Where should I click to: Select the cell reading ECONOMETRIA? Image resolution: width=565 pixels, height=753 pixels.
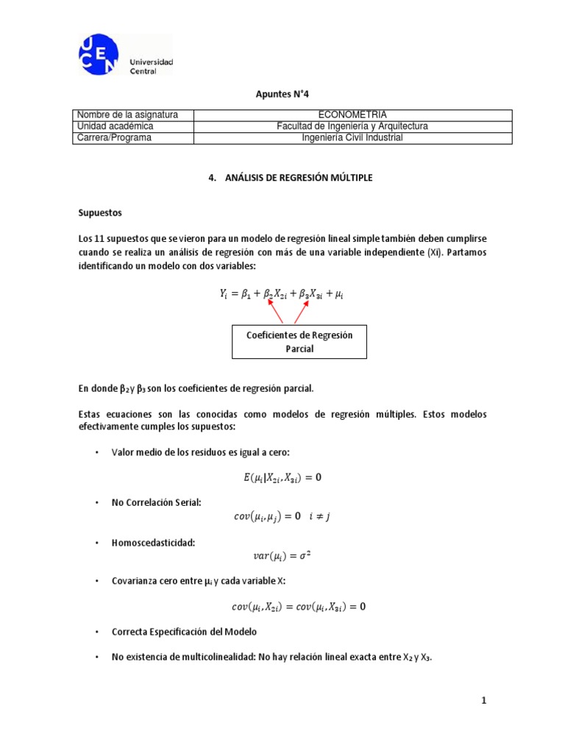[352, 115]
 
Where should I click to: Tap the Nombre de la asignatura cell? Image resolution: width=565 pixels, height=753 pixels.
[127, 115]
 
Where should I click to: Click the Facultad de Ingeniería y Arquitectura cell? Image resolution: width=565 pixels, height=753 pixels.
[352, 126]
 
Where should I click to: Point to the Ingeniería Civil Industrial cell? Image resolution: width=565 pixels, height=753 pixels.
[352, 138]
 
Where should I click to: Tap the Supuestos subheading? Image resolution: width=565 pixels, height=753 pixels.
[100, 213]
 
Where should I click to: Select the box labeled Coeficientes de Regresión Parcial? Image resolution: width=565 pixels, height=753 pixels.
[299, 342]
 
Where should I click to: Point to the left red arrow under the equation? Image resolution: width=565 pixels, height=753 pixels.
[274, 313]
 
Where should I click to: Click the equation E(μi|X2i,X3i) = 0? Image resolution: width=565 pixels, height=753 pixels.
[282, 477]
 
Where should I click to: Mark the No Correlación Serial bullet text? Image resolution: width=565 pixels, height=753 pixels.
[156, 502]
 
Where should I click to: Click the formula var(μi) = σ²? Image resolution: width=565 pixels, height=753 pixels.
[282, 556]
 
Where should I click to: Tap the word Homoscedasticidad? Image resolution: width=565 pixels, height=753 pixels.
[154, 542]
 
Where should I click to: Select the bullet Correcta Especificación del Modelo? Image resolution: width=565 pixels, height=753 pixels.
[184, 632]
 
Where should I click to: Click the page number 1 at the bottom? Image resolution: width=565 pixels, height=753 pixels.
[484, 701]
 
